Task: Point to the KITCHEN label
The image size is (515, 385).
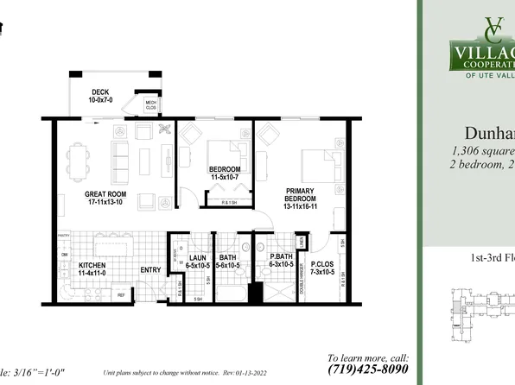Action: point(92,269)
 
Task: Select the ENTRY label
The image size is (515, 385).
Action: point(151,270)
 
